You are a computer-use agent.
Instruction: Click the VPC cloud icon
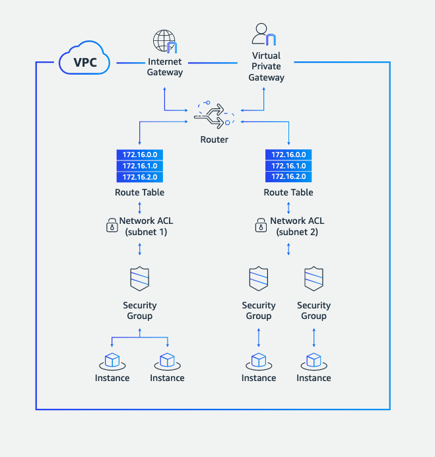point(83,61)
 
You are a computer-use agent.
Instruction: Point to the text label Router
point(214,139)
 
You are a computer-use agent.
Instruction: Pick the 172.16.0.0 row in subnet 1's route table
point(139,155)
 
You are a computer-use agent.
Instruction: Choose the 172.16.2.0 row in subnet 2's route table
point(288,177)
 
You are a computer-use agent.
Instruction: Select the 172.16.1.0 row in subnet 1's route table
point(139,166)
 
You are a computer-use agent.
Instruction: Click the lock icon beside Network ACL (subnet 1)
point(112,227)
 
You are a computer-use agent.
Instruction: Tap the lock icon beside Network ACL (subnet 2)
point(261,227)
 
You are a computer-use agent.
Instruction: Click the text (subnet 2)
point(297,232)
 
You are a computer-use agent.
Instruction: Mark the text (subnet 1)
point(148,232)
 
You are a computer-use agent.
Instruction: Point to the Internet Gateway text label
point(164,67)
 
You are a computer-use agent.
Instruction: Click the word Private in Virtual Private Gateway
point(266,67)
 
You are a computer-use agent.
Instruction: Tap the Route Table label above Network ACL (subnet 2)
point(288,192)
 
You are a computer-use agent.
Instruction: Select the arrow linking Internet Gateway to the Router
point(165,99)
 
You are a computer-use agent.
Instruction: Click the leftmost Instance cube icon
point(112,361)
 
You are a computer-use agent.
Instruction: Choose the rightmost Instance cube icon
point(314,361)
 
